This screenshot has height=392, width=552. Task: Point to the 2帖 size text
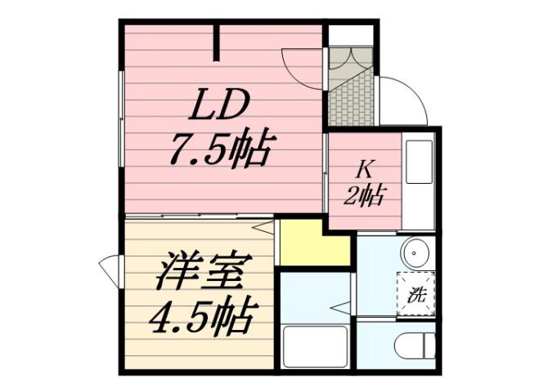tap(365, 195)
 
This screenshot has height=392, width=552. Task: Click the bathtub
tap(316, 348)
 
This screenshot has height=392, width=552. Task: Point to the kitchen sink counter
tap(422, 180)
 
